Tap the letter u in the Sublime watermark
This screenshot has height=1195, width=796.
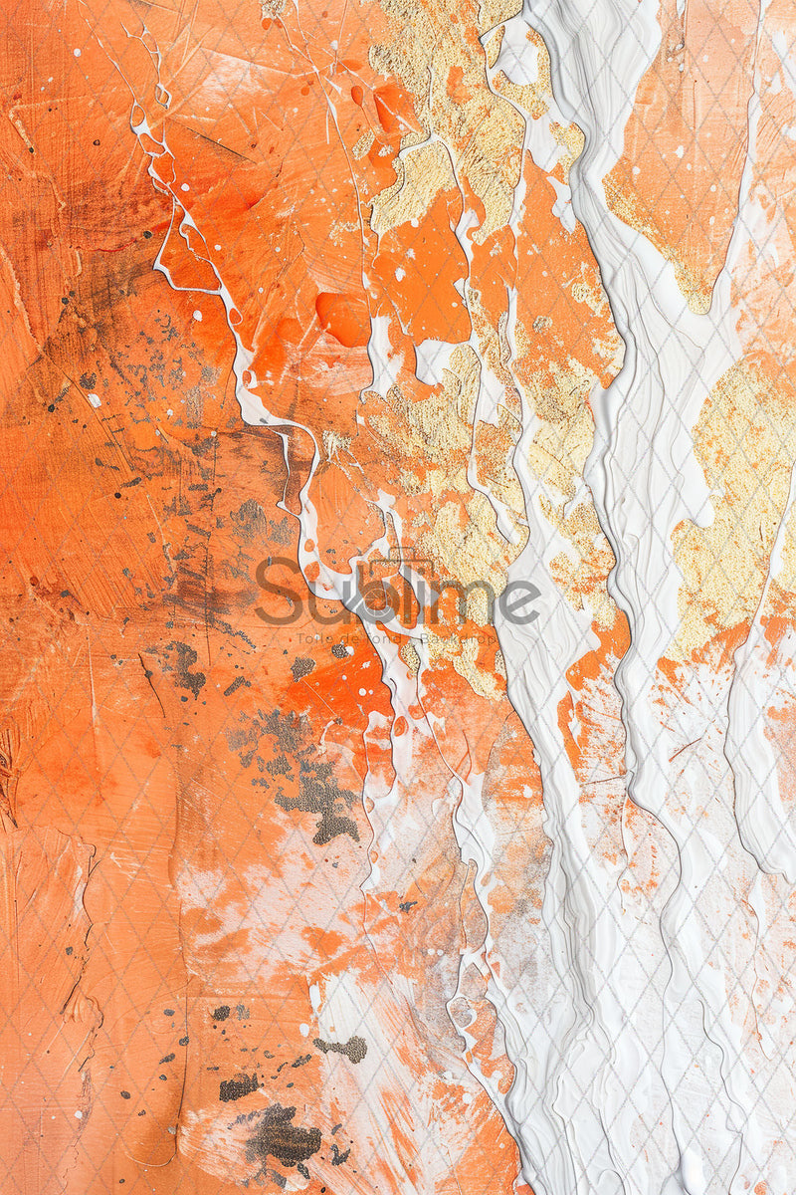(x=317, y=600)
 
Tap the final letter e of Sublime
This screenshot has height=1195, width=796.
(x=521, y=600)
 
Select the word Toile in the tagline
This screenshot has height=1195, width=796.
(x=310, y=638)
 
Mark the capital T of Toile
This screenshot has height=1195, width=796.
(x=299, y=638)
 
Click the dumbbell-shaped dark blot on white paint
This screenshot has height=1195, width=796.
(x=341, y=1047)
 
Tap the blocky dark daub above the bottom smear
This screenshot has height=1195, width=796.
(x=238, y=1086)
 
